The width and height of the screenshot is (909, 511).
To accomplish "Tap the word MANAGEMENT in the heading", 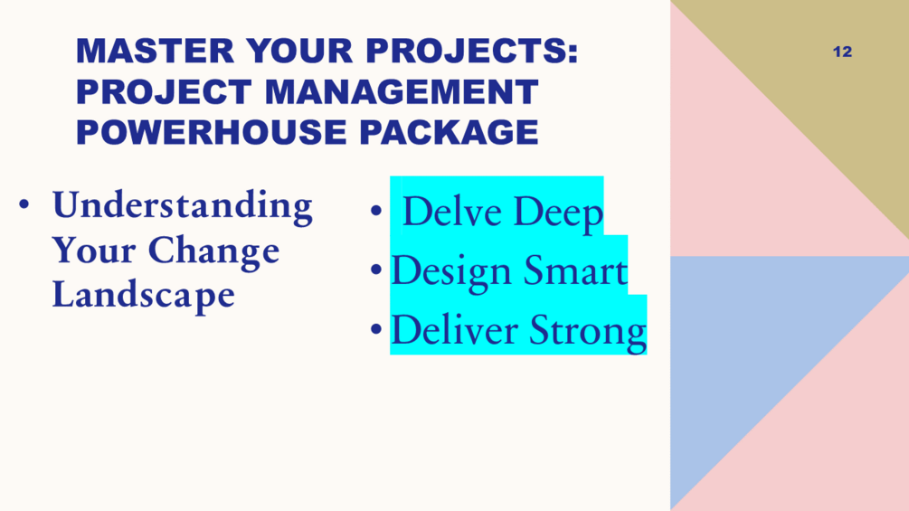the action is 402,91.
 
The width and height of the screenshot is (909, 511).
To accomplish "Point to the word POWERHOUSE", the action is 211,132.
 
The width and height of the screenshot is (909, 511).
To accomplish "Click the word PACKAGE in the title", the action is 449,132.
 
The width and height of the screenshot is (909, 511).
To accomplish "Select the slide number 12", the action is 842,52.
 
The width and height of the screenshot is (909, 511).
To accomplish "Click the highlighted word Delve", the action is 452,211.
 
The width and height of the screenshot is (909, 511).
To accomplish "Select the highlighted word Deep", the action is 558,213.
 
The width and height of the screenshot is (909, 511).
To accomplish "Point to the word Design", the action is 452,271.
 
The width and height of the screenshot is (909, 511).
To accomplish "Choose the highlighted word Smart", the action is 575,270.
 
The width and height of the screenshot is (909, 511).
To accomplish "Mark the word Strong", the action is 588,332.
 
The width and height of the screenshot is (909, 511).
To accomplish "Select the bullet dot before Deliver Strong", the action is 376,328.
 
